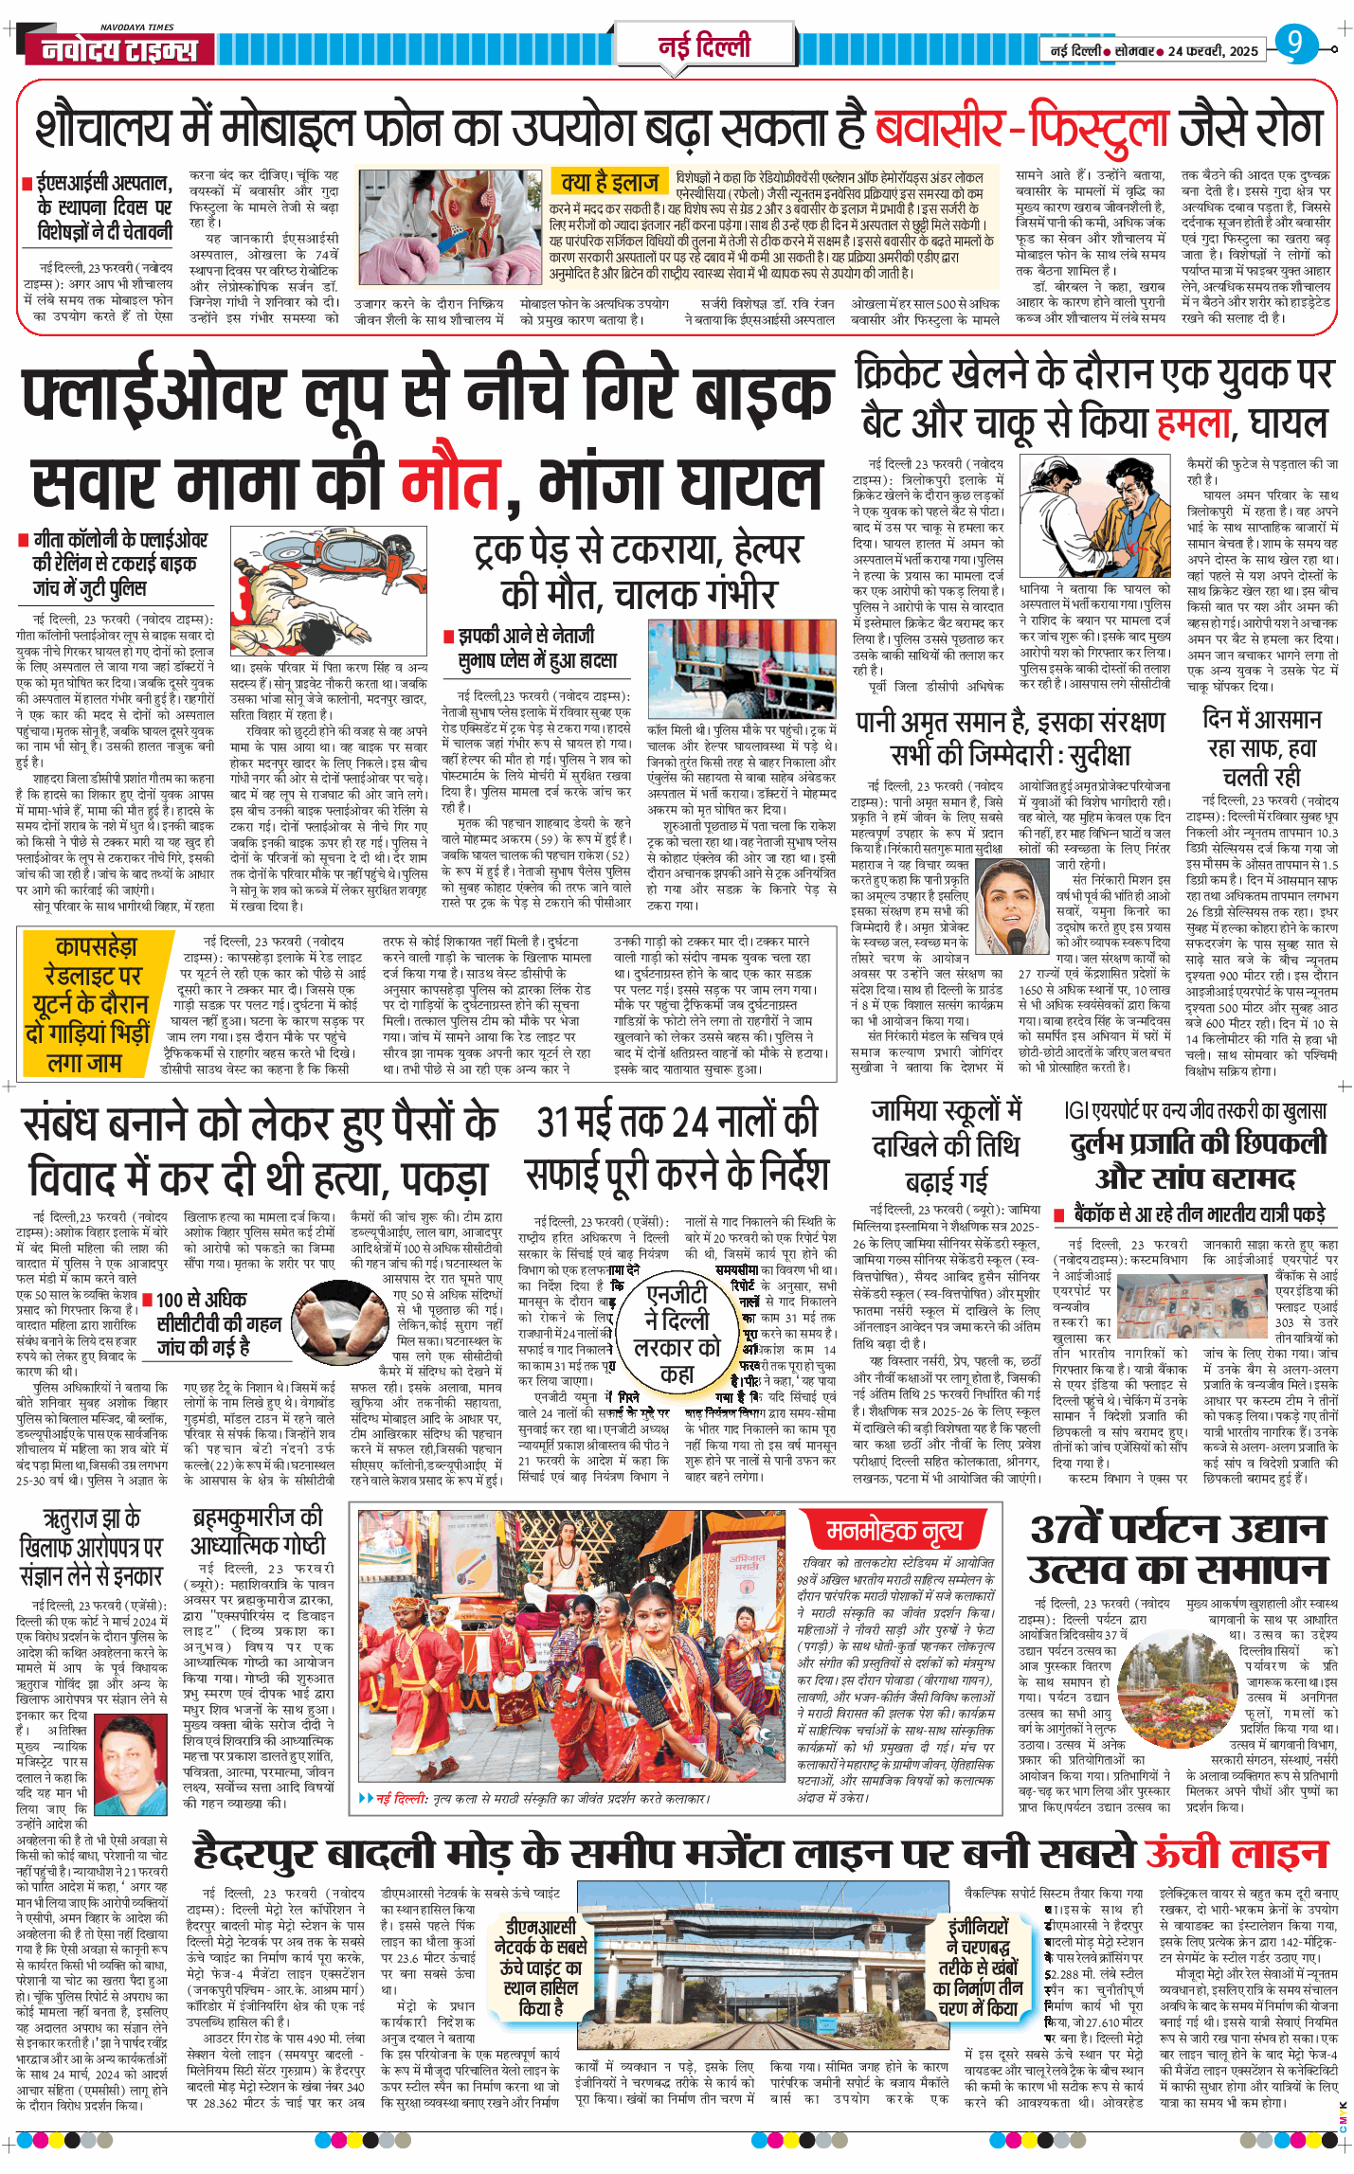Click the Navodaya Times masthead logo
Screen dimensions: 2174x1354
[119, 49]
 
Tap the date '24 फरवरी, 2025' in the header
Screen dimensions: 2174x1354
[1212, 51]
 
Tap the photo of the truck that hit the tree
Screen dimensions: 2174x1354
[741, 669]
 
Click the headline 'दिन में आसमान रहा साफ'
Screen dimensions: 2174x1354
[1261, 747]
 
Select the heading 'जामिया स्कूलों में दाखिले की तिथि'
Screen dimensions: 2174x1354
[946, 1128]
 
